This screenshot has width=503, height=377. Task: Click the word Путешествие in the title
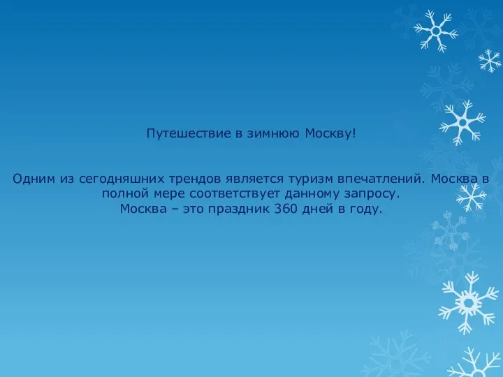click(x=189, y=133)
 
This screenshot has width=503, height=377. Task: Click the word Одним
click(x=34, y=179)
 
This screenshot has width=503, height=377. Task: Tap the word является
click(x=255, y=179)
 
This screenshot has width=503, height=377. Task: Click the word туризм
click(x=310, y=179)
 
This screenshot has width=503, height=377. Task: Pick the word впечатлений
click(x=381, y=179)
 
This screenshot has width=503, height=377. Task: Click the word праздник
click(x=239, y=209)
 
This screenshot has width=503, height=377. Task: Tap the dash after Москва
click(x=175, y=209)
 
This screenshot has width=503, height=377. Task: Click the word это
click(x=193, y=209)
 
